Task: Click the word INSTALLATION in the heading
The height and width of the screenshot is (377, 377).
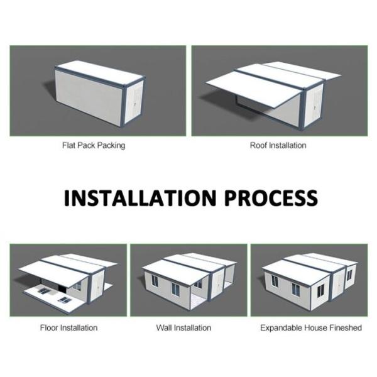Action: coord(140,198)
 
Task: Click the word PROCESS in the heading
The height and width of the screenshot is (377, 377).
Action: coord(271,198)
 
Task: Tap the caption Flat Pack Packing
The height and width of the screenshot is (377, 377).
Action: coord(94,146)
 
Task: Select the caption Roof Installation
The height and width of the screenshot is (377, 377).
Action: coord(278,145)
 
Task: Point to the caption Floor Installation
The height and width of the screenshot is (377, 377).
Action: coord(68,328)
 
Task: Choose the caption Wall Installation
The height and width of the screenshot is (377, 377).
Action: coord(183,328)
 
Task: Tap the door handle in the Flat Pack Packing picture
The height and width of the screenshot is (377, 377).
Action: coord(135,104)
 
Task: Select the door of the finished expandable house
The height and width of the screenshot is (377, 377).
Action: coord(339,285)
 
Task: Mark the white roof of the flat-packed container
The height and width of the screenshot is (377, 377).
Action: coord(101,71)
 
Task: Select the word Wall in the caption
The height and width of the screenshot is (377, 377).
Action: coord(164,328)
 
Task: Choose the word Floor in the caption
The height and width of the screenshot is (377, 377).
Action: coord(49,328)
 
